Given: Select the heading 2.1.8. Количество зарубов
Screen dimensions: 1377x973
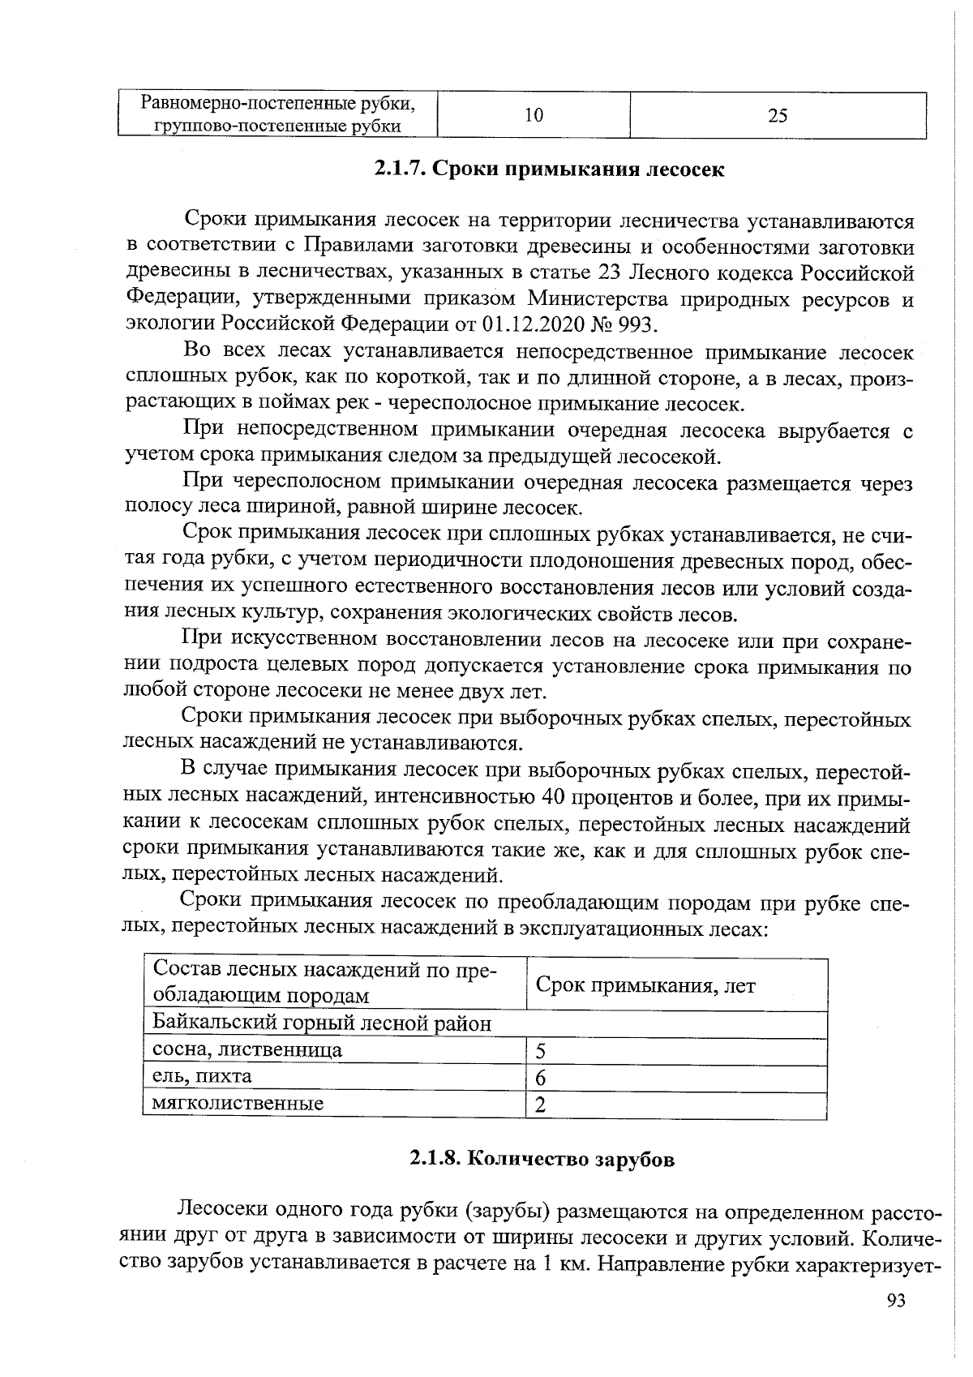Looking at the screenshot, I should (541, 1159).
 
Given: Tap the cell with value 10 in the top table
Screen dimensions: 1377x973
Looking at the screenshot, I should (533, 115).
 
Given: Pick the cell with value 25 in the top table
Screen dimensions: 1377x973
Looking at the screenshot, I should (777, 115).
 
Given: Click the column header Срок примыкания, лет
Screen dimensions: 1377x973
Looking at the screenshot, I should (645, 985).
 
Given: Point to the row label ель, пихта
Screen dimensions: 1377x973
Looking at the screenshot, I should (203, 1076).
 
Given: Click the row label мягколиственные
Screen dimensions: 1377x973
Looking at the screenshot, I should (238, 1103).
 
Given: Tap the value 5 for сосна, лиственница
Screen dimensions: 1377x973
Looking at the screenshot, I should (541, 1052).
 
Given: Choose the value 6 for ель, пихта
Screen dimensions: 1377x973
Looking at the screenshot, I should (541, 1078).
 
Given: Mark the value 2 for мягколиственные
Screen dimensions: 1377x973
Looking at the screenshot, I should (541, 1105).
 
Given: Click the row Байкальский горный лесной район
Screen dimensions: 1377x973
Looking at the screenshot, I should (322, 1023).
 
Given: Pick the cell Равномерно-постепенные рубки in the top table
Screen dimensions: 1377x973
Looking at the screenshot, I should (278, 104).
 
